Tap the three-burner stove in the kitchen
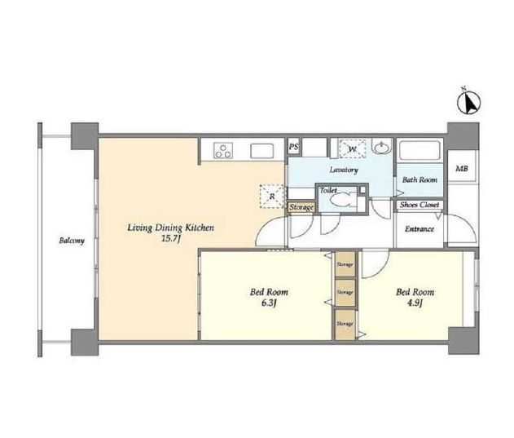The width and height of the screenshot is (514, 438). (223, 150)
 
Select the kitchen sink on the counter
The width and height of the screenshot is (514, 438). (262, 151)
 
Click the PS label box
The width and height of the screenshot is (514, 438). (294, 147)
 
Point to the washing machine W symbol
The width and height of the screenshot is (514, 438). (353, 148)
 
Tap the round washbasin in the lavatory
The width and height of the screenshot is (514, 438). (382, 148)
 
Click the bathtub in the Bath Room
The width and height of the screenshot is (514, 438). (420, 150)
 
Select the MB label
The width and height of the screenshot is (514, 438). (462, 169)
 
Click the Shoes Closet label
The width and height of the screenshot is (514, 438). (420, 205)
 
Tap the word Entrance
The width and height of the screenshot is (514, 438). (420, 229)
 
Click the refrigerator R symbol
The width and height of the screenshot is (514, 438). (272, 197)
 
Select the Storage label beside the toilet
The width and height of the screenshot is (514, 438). (301, 207)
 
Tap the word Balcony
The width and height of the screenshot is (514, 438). (72, 241)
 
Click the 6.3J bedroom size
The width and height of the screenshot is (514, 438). (269, 303)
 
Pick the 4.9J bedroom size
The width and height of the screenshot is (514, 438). (415, 303)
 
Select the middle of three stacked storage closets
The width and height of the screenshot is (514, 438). (345, 292)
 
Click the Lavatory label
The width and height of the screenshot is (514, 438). (344, 170)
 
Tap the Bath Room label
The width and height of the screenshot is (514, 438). (420, 179)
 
